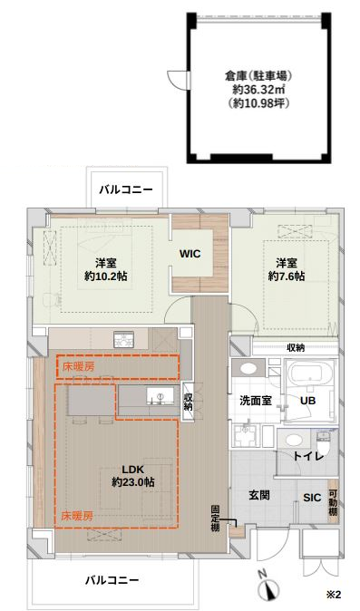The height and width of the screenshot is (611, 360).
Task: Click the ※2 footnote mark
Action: tap(332, 595)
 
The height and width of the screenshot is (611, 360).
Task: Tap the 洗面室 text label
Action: tap(257, 400)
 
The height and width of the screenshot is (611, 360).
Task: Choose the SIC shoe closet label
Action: tap(311, 497)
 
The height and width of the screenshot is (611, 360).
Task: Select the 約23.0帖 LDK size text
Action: tap(132, 483)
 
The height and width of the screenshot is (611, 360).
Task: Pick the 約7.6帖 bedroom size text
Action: tap(287, 276)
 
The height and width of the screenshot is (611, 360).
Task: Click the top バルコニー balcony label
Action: tap(126, 189)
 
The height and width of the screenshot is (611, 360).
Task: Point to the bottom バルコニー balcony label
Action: tap(112, 578)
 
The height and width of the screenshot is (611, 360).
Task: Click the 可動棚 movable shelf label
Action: tap(333, 501)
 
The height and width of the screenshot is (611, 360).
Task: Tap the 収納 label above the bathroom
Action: tap(296, 347)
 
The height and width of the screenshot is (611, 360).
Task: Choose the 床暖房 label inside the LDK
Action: tap(77, 514)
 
